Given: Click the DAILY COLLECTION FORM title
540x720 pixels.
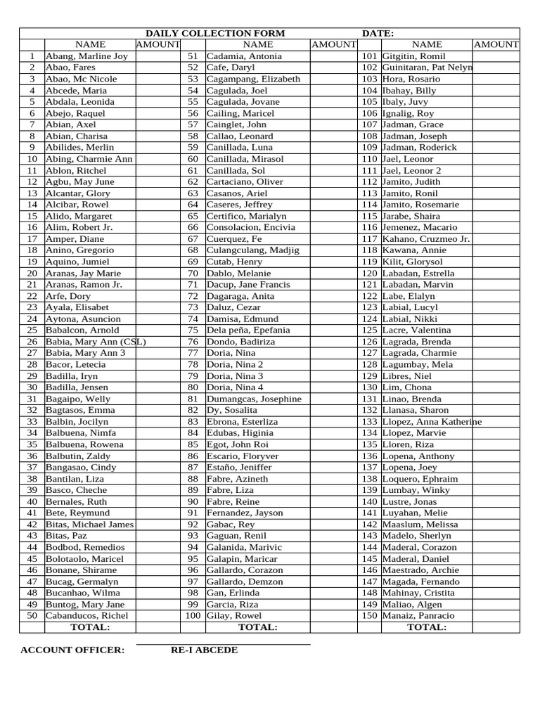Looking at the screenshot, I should (x=215, y=33).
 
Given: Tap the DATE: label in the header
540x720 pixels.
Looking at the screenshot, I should (x=378, y=33).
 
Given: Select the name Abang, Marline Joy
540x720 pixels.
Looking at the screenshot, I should (x=86, y=56).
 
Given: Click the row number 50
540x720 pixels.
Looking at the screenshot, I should (x=32, y=615).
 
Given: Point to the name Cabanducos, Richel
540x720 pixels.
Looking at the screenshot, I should (x=86, y=615).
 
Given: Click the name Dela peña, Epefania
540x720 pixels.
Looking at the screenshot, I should (x=248, y=330).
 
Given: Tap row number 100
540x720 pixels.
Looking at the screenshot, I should (x=193, y=615).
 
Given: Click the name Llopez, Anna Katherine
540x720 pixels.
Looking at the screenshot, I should (x=432, y=421).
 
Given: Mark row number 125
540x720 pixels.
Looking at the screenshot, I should (x=369, y=330).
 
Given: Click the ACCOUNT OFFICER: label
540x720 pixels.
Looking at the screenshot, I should (x=72, y=650).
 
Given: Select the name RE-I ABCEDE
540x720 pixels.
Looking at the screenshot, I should (x=204, y=650).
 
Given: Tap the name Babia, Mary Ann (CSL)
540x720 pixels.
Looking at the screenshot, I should (x=96, y=342).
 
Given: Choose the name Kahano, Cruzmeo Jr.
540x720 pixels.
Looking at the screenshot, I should (x=426, y=239).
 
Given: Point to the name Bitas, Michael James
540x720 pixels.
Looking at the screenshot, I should (x=89, y=525).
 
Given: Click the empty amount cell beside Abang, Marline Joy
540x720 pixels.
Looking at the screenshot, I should (x=157, y=56).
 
